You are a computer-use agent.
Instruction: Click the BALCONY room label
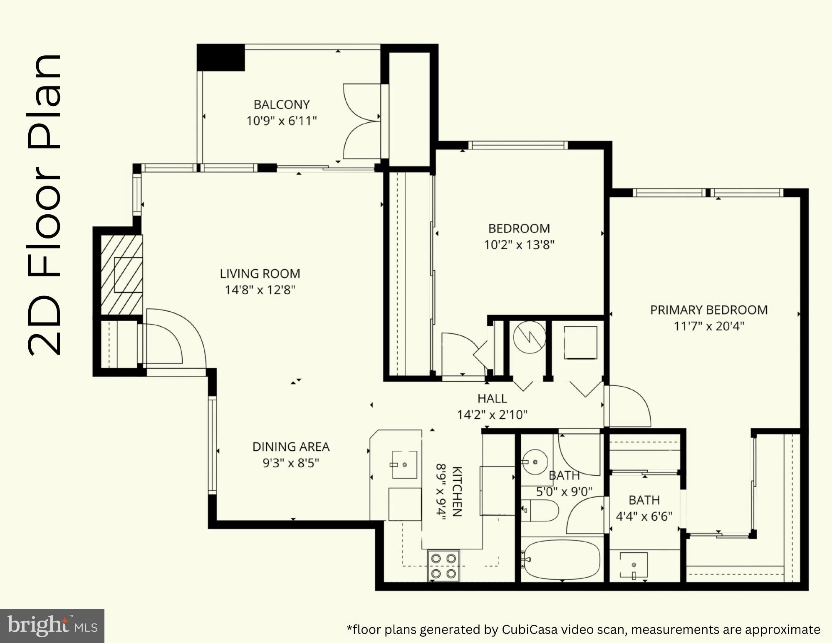282,104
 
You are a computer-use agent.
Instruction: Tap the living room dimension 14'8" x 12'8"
260,290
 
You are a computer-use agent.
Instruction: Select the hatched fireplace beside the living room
122,274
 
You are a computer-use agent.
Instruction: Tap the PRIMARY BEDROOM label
708,310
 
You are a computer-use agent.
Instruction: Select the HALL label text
492,399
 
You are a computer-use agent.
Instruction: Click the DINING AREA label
291,447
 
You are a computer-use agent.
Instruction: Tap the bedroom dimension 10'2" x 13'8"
519,245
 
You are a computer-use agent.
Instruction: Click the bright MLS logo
52,626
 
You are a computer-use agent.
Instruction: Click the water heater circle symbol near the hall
529,338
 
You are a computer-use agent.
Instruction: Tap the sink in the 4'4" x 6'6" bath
633,565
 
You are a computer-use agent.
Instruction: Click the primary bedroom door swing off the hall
627,406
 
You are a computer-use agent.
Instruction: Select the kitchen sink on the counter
404,464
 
